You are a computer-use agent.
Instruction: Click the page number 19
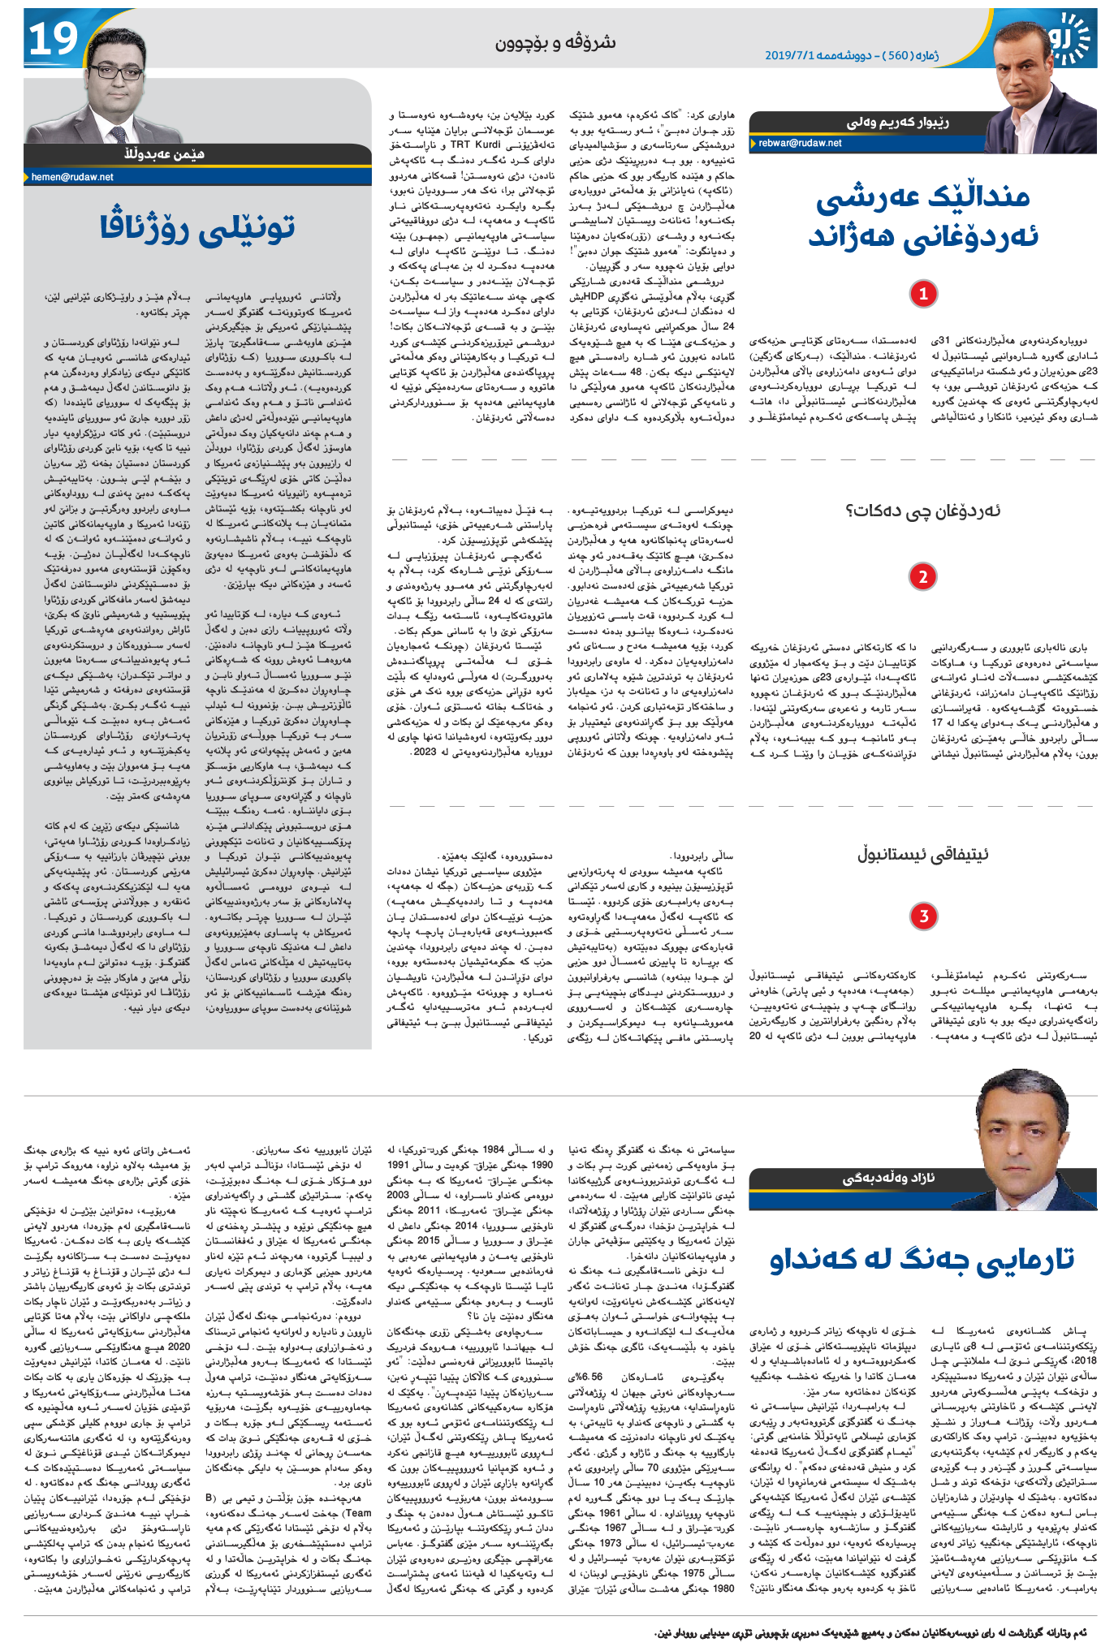(53, 39)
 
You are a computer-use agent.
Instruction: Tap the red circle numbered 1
(922, 294)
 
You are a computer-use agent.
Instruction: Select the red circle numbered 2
(922, 576)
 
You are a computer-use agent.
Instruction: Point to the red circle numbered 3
(922, 916)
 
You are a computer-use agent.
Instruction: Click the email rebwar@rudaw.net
(800, 143)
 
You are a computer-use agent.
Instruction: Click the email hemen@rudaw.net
(72, 177)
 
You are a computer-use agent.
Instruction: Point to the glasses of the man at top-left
(109, 74)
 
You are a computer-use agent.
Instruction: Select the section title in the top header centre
(555, 43)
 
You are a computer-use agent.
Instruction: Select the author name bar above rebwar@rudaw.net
(893, 123)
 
